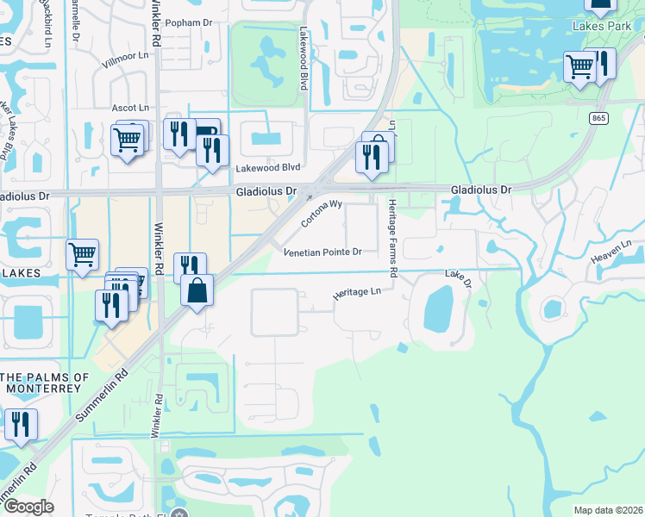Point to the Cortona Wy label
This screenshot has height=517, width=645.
coord(322,215)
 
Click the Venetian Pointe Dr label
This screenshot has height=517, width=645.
coord(322,252)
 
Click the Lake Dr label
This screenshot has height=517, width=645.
coord(459,277)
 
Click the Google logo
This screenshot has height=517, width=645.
coord(28,507)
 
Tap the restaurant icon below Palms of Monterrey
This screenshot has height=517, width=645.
coord(20,424)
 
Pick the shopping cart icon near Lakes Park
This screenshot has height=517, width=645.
coord(579,66)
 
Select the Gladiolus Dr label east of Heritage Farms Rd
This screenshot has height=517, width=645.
coord(481,190)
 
